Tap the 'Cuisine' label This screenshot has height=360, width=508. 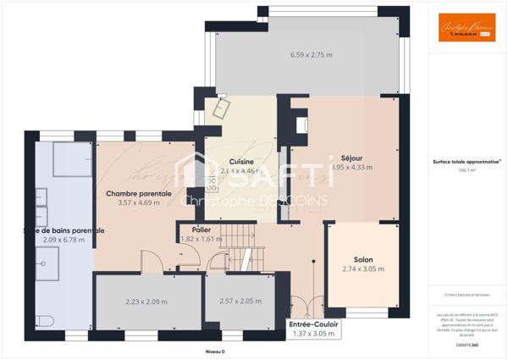click(242, 162)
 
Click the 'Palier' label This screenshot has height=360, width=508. click(201, 229)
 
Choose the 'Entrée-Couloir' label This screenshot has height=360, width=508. click(313, 324)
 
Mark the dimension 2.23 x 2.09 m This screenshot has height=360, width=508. click(146, 302)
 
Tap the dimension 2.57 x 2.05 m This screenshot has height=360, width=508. click(240, 302)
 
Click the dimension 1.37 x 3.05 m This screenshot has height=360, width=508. click(313, 334)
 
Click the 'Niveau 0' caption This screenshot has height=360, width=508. click(216, 351)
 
